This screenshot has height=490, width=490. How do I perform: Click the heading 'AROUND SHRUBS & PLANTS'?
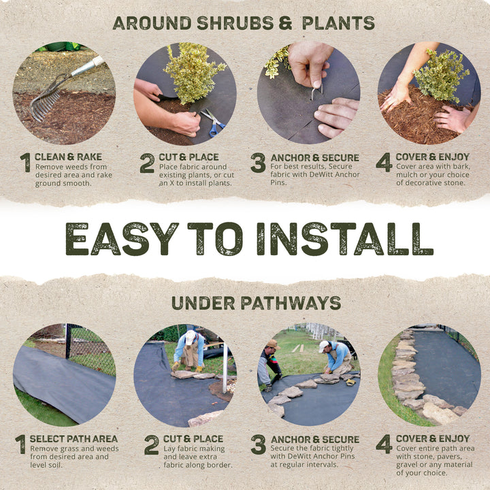coord(244,22)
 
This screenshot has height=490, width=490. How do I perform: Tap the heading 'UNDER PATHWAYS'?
coord(256,303)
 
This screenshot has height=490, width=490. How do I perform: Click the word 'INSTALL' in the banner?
coord(345,239)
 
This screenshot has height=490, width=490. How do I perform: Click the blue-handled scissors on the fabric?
coord(213,122)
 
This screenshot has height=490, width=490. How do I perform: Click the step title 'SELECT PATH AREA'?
coord(73,439)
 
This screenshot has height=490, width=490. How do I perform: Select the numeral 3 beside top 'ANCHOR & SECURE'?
coord(258,163)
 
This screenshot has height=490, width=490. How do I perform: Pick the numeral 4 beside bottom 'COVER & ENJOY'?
coord(383,444)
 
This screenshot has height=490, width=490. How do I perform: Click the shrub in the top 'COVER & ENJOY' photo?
coord(441,75)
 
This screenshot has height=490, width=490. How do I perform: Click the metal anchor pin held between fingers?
coord(316,91)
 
